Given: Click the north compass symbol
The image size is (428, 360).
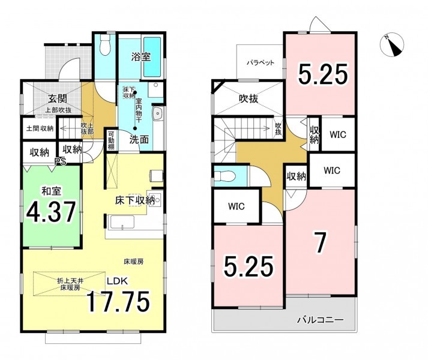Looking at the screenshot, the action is pos(392,45).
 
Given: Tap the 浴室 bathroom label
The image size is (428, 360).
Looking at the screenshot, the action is pos(141,57).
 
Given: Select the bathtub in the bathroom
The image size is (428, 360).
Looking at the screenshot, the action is pos(152,57).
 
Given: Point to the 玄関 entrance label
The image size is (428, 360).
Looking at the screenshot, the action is pos(58,99).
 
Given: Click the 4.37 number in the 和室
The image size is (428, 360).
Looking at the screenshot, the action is pos(51,212).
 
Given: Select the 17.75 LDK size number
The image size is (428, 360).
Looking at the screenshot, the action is pos(118,302).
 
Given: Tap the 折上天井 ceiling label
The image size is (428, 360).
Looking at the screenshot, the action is pos(70,280).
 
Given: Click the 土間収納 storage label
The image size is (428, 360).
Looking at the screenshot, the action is pos(40,128).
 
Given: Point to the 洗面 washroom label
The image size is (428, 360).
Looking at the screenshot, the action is pos(139,140).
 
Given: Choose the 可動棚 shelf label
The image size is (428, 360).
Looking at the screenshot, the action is pos(111,140).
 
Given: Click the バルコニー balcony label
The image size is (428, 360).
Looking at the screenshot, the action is pos(320,320).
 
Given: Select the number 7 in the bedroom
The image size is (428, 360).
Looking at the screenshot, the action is pos(320,243).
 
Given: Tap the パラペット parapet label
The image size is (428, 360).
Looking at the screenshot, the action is pos(261,63).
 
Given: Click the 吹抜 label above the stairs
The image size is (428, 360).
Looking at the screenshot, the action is pos(278,129).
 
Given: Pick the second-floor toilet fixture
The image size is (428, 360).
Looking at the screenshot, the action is pos(225,176).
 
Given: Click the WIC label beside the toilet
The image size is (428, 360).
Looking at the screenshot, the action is pos(237,206).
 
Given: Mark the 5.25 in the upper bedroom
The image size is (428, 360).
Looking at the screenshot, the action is pos(323,74).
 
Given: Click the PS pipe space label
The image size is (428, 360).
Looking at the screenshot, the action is pos(60,161).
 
